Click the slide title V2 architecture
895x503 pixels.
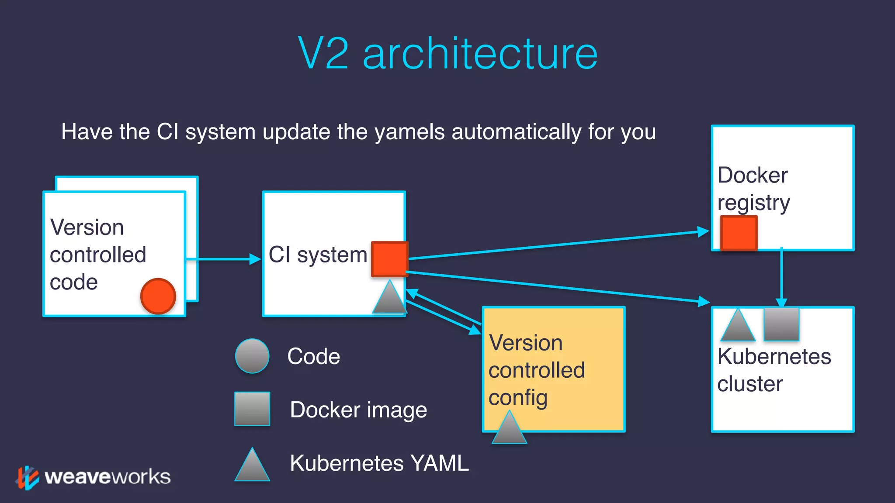click(x=447, y=53)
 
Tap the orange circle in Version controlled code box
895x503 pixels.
click(x=158, y=296)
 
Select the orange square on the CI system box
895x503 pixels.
click(x=389, y=259)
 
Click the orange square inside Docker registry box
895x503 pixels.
click(x=739, y=233)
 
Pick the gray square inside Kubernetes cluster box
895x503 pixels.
click(x=781, y=324)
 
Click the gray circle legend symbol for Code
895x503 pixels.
click(x=252, y=356)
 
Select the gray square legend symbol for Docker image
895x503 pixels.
click(x=252, y=409)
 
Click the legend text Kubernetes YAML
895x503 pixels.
click(x=379, y=463)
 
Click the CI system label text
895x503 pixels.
click(x=318, y=255)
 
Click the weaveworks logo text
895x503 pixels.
click(x=108, y=477)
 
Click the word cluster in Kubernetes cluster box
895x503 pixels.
click(x=750, y=384)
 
